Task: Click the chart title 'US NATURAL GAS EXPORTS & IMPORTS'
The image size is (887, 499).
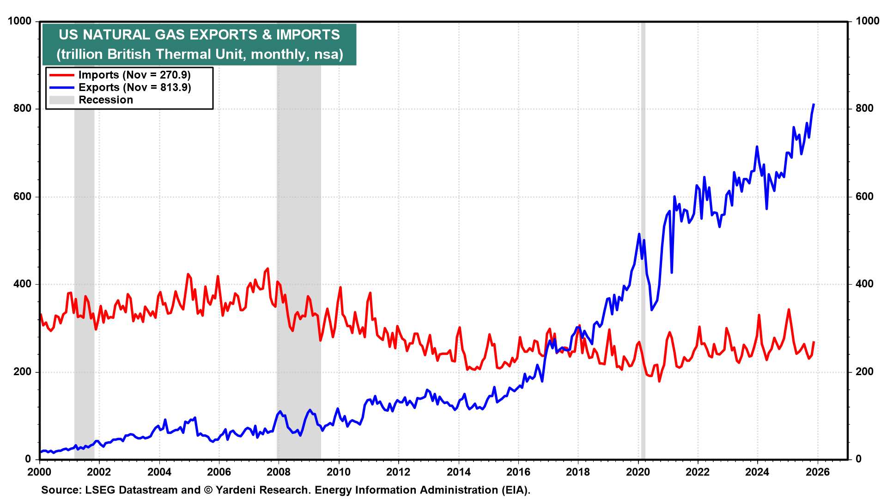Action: (x=199, y=35)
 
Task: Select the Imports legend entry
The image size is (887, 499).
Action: (x=134, y=75)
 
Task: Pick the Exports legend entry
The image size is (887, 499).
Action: (x=134, y=87)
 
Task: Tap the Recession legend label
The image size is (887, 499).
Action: (x=106, y=100)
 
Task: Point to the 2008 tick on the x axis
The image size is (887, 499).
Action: (x=279, y=472)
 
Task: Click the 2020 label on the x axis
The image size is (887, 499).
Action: (x=638, y=472)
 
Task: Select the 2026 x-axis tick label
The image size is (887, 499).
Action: (x=817, y=472)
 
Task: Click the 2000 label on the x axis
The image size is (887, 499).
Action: (x=39, y=472)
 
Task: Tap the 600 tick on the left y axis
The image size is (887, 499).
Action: (x=23, y=196)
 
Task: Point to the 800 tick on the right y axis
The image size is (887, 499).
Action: (x=864, y=109)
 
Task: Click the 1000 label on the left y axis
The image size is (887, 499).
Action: (x=20, y=21)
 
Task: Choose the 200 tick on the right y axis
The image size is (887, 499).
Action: (x=864, y=372)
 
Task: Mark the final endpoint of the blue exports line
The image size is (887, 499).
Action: (x=814, y=104)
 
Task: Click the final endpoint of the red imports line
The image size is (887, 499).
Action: (x=814, y=342)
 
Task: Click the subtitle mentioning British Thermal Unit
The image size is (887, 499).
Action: (x=200, y=55)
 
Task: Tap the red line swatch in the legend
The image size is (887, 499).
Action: (x=61, y=75)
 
